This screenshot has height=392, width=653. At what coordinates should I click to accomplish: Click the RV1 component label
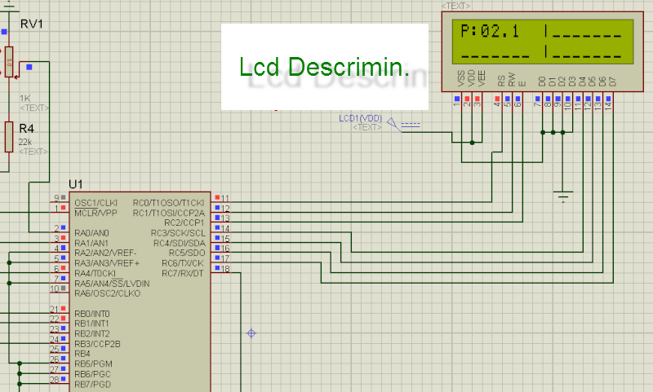click(31, 23)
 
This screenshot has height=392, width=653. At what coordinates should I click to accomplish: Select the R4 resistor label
click(26, 129)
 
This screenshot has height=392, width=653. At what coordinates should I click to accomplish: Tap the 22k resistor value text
click(24, 141)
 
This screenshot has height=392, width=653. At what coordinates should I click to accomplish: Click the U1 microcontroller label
click(76, 183)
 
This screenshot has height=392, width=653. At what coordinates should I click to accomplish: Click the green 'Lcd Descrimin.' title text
click(324, 68)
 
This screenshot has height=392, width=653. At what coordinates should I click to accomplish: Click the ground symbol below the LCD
click(562, 196)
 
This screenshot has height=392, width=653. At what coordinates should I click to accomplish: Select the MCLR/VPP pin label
click(96, 212)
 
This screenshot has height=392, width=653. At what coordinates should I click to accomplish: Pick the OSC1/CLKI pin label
click(96, 201)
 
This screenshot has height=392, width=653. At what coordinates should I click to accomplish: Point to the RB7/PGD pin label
click(91, 384)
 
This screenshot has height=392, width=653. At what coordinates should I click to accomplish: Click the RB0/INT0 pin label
click(91, 313)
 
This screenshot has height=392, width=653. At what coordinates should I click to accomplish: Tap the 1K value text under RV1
click(24, 98)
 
